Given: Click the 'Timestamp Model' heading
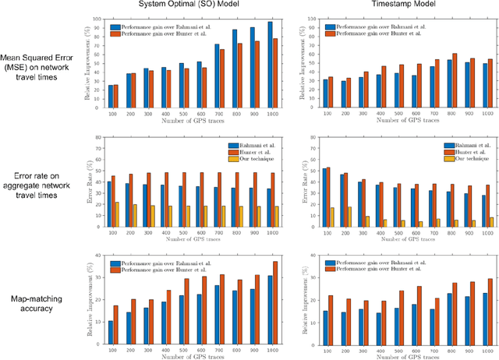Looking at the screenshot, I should [x=389, y=6].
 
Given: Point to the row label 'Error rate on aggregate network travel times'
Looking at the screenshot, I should [x=43, y=187].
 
